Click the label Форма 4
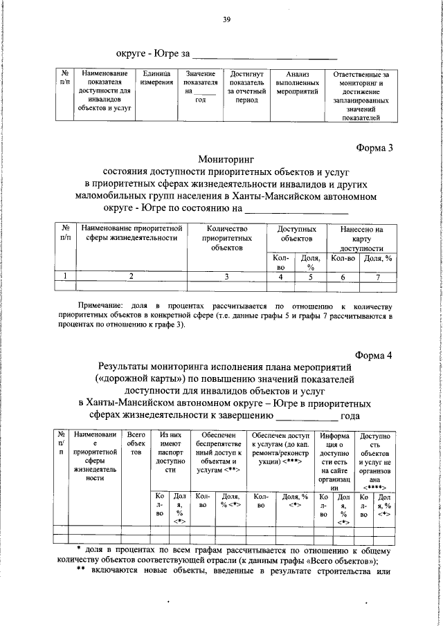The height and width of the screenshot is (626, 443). click(374, 355)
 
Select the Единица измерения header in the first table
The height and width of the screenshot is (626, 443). click(156, 78)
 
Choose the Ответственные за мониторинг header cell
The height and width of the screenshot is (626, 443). click(361, 95)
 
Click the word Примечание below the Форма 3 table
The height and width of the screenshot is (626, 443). click(100, 304)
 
